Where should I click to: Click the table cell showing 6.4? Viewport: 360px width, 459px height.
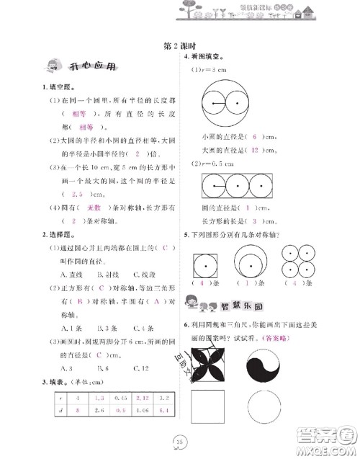163,410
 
